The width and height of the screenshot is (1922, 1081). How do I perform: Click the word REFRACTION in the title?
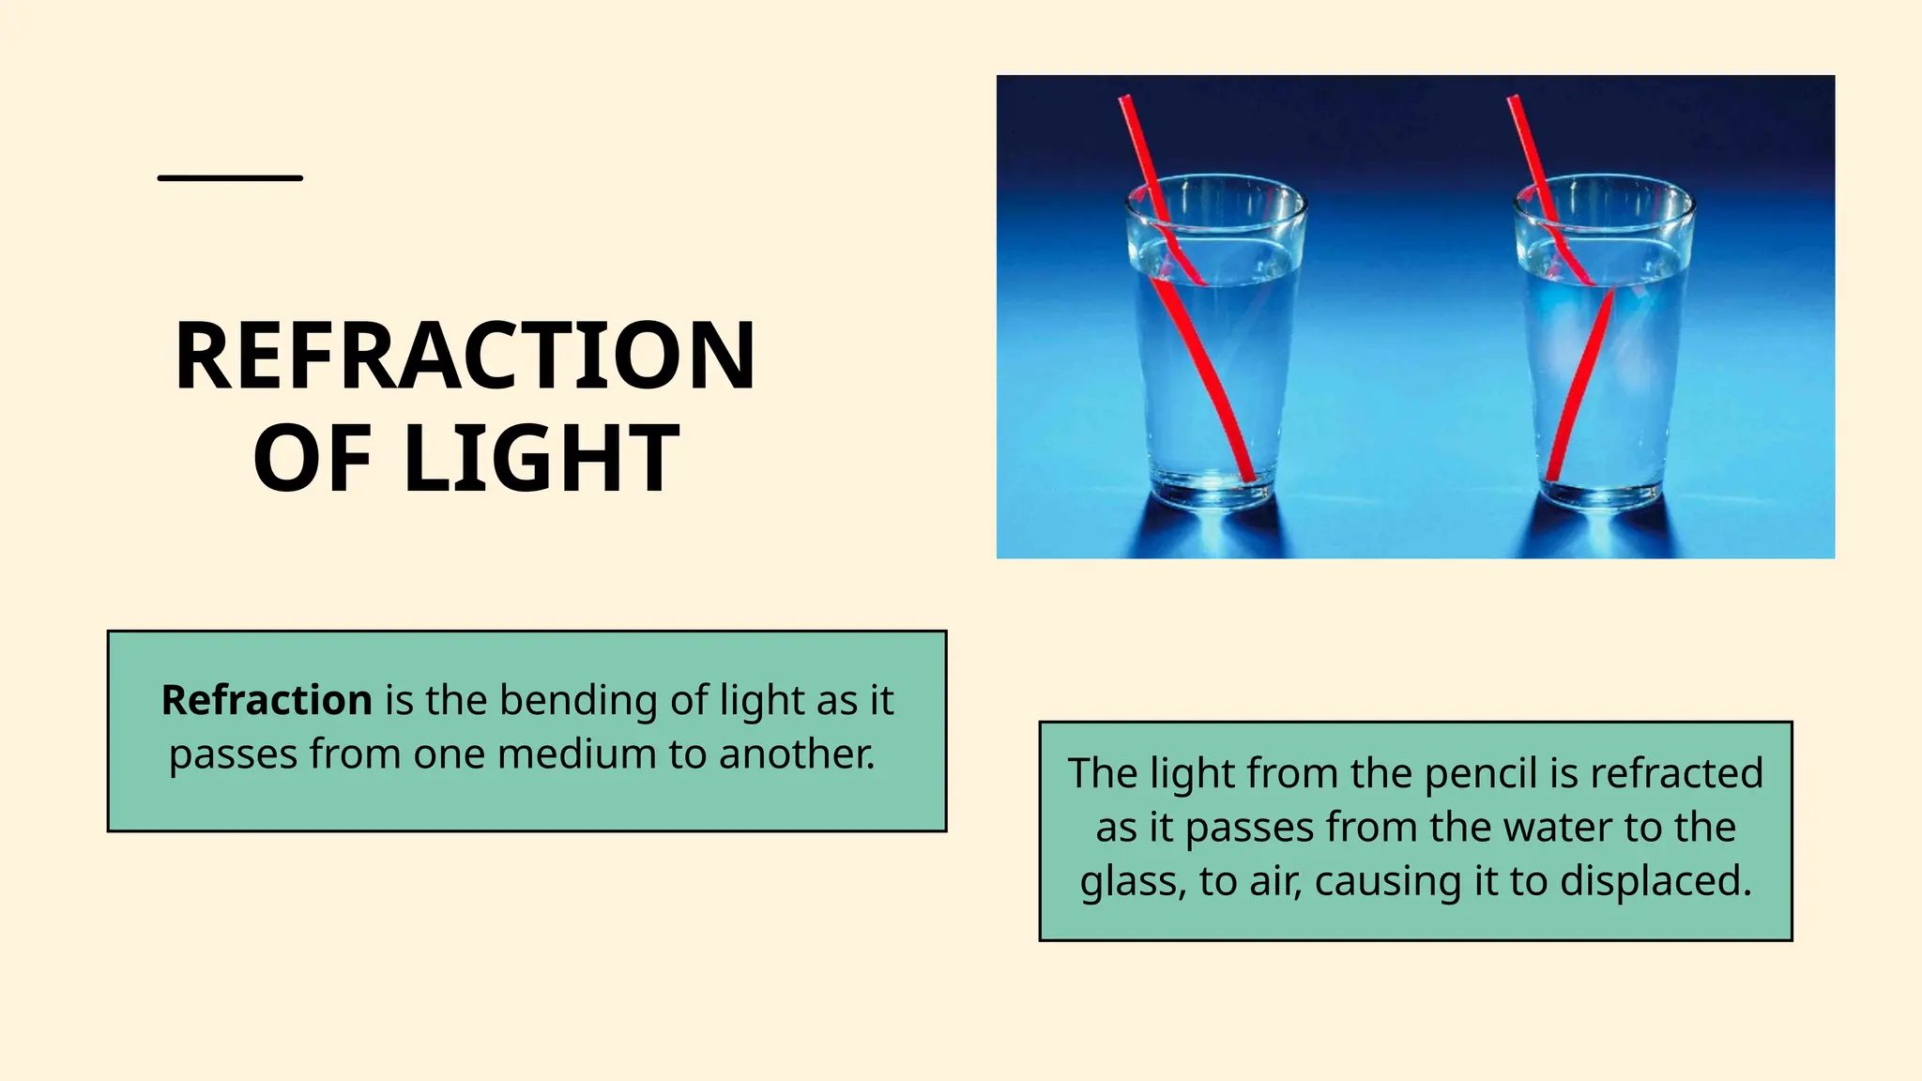[x=465, y=357]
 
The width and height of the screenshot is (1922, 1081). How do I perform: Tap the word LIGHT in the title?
[x=542, y=459]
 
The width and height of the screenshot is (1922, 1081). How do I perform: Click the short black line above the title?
[x=230, y=177]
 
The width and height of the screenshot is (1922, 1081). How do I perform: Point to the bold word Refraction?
[x=267, y=701]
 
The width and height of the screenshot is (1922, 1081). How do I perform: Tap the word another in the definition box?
[x=797, y=754]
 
